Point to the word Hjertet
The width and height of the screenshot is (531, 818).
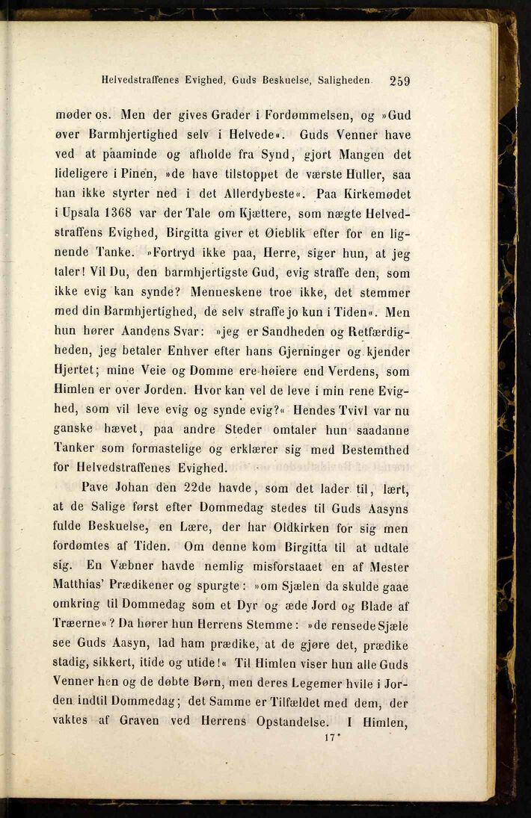[x=77, y=371]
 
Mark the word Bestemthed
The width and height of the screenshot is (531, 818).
[x=371, y=448]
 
